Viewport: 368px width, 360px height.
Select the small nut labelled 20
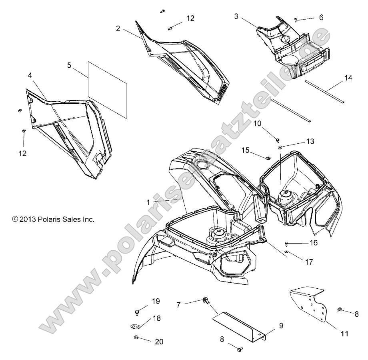pyautogui.click(x=136, y=337)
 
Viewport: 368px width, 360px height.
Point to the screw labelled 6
pyautogui.click(x=296, y=19)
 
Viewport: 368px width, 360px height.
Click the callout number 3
pyautogui.click(x=236, y=16)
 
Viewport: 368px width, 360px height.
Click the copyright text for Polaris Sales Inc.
pyautogui.click(x=53, y=219)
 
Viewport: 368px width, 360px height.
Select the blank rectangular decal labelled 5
pyautogui.click(x=107, y=90)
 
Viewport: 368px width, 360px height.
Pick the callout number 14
pyautogui.click(x=349, y=79)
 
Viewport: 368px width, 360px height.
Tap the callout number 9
pyautogui.click(x=281, y=326)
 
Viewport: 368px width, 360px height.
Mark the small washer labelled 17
pyautogui.click(x=287, y=251)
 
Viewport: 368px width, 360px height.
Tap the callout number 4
pyautogui.click(x=30, y=76)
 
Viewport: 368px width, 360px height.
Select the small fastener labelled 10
pyautogui.click(x=277, y=139)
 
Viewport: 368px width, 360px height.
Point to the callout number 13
pyautogui.click(x=310, y=141)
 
